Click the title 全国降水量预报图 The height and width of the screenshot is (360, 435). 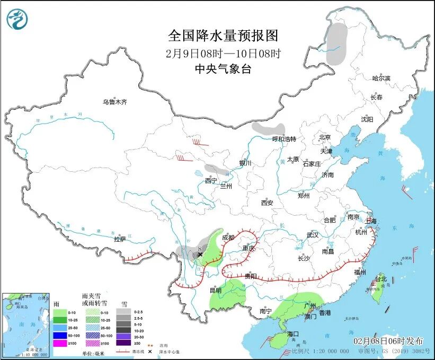coord(223,36)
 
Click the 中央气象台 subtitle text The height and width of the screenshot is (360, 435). coord(223,68)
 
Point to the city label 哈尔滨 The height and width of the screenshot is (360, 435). coord(380,78)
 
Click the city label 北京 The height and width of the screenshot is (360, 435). coord(325,137)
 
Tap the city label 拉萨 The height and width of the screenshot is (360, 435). coord(120,239)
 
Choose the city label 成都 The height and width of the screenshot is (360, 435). coord(228,238)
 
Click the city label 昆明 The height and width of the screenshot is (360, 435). coord(215,290)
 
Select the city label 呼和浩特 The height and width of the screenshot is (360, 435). coord(284,139)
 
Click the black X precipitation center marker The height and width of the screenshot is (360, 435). coord(200,255)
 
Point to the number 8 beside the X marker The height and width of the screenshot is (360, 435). coord(199,248)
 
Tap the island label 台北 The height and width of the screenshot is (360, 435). coord(381,279)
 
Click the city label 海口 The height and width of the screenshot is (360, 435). coord(293,334)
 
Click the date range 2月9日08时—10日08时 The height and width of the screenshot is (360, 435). coord(223,53)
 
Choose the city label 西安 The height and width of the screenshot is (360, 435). coord(267,203)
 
